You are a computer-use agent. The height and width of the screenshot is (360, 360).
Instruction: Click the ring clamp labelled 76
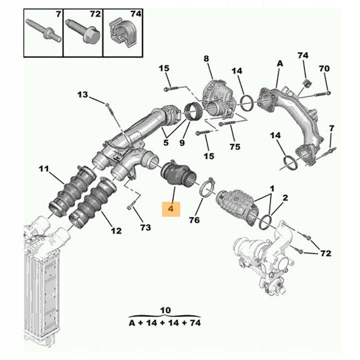click(x=206, y=188)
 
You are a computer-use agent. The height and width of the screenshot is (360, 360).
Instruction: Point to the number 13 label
click(x=82, y=94)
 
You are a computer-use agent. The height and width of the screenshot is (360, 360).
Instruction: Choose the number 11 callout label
click(x=44, y=169)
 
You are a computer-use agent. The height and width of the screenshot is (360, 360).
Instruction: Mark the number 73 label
click(x=145, y=227)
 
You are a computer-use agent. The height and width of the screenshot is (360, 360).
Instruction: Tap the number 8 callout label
click(x=205, y=59)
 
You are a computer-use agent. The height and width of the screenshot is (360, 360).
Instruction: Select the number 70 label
click(x=324, y=68)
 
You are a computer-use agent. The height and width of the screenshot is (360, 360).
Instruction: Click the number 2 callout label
click(x=285, y=198)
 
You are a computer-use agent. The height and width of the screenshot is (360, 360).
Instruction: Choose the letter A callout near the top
click(x=280, y=63)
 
